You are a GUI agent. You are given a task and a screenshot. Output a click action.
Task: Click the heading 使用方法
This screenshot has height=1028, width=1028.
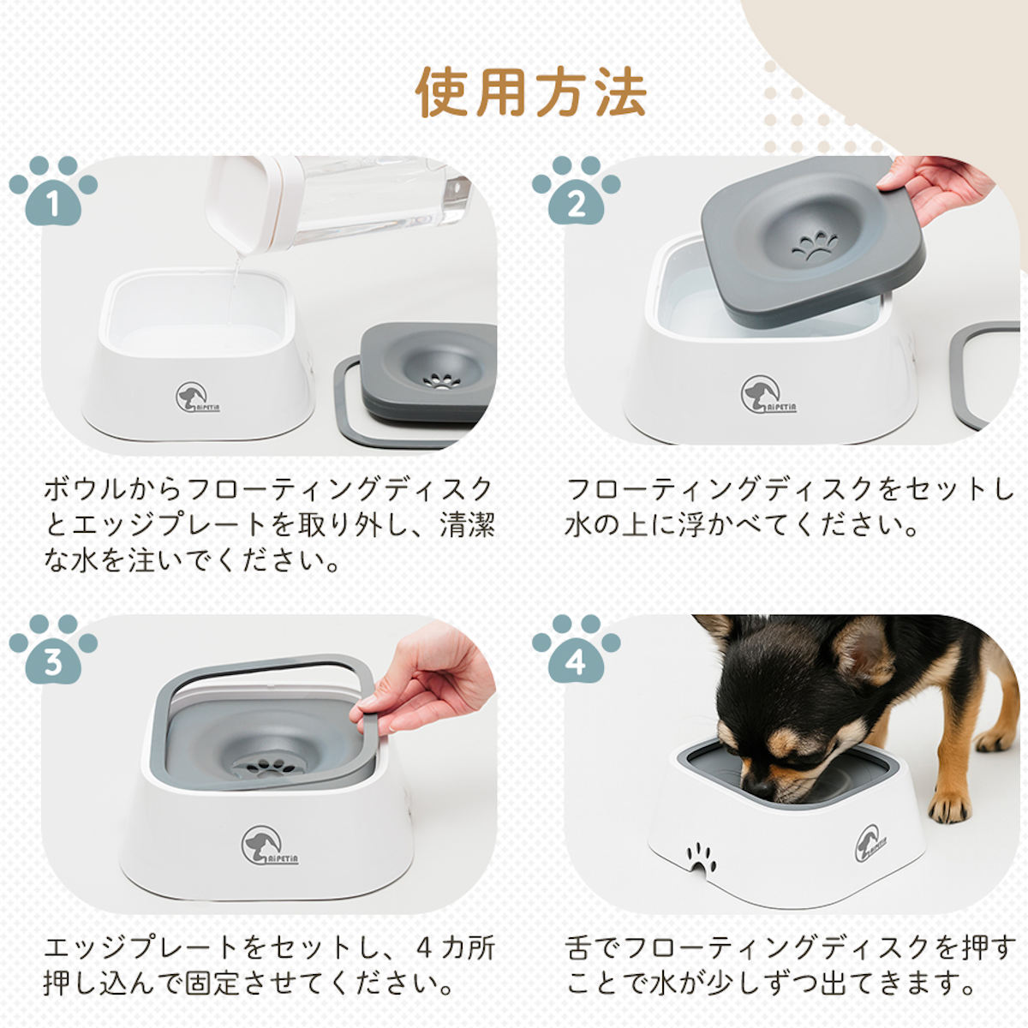click(531, 91)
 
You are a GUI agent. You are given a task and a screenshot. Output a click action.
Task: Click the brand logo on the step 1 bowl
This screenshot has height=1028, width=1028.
click(196, 397)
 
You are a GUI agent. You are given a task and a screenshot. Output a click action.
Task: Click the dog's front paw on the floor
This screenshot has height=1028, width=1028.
click(949, 805)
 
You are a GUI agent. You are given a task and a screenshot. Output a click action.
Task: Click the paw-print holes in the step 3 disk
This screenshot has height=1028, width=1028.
click(265, 768)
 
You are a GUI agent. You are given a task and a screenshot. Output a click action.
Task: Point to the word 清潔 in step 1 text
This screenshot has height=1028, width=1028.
click(467, 525)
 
